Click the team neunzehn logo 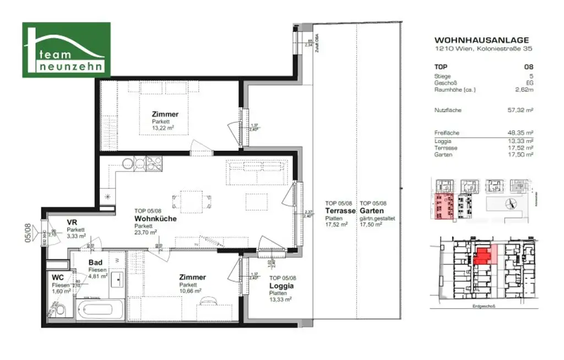pyautogui.click(x=66, y=50)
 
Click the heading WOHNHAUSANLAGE pyautogui.click(x=481, y=40)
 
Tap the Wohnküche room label pyautogui.click(x=155, y=218)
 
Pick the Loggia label pyautogui.click(x=281, y=286)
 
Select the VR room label pyautogui.click(x=71, y=222)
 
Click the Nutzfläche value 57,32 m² pyautogui.click(x=520, y=110)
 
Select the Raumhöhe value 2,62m pyautogui.click(x=523, y=90)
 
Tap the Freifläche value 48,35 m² pyautogui.click(x=520, y=133)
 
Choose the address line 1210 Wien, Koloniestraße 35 pyautogui.click(x=483, y=48)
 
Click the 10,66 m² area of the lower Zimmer pyautogui.click(x=189, y=291)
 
